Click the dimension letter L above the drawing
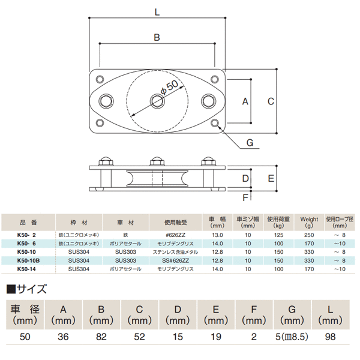[157, 10]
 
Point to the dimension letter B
[157, 37]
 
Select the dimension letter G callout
[250, 142]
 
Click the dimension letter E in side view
[271, 178]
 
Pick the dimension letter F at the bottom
[245, 197]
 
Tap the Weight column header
[310, 219]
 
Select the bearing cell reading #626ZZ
[179, 235]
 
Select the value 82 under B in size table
[101, 337]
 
